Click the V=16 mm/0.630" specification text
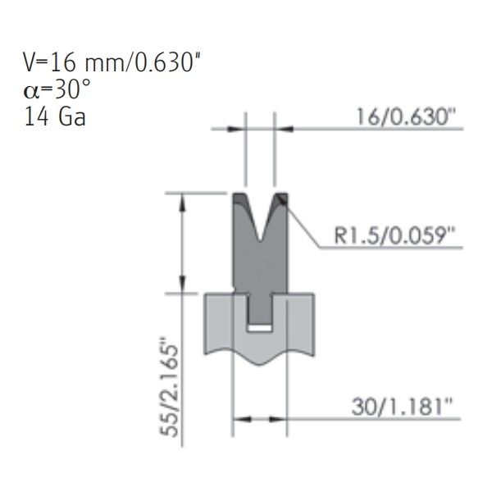[x=112, y=62]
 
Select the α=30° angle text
[x=57, y=89]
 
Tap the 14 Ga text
[x=55, y=116]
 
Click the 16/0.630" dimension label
[x=406, y=116]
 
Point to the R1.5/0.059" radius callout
[x=394, y=235]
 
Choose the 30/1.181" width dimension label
[x=403, y=407]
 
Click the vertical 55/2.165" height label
[x=170, y=387]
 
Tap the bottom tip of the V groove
[x=260, y=241]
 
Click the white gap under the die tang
[x=259, y=328]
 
